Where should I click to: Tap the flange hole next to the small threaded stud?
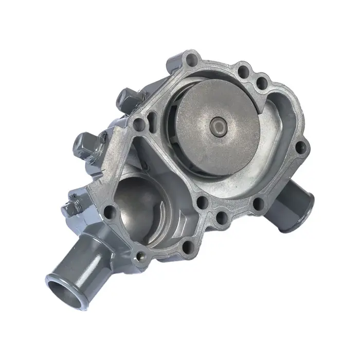coord(109,211)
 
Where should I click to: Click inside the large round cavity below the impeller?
coord(139,206)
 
